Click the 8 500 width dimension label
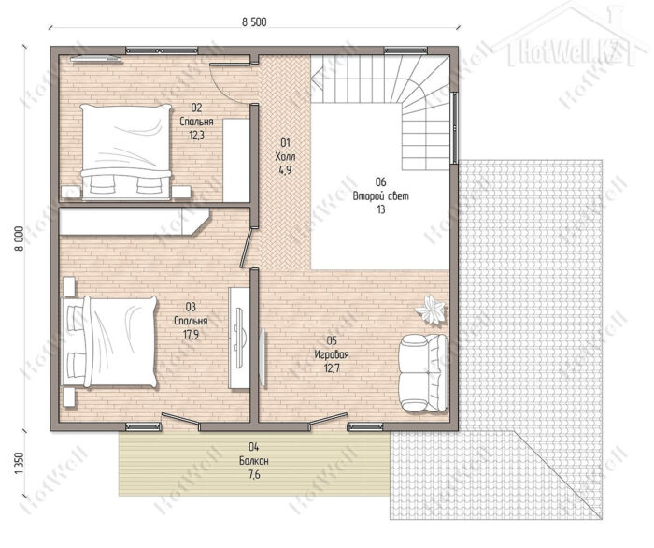[254, 22]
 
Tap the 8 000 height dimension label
[20, 238]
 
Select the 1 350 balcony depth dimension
[20, 463]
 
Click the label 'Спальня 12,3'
[196, 122]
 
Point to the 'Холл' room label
[285, 157]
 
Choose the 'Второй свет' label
[381, 195]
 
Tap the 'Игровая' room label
[332, 354]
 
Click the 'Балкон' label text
[253, 461]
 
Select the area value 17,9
[191, 334]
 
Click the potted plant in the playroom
[431, 309]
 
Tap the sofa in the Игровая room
[423, 373]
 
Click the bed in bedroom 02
[126, 151]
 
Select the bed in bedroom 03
[109, 342]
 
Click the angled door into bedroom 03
[246, 248]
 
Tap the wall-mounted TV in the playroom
[263, 358]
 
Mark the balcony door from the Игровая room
[328, 419]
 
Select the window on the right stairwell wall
[455, 127]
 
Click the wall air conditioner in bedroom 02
[96, 59]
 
